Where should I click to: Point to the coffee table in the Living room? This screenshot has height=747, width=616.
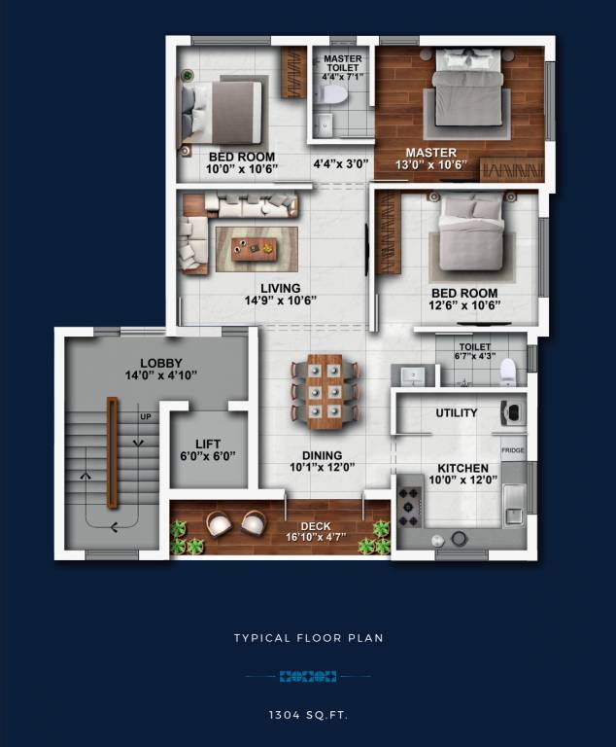click(254, 250)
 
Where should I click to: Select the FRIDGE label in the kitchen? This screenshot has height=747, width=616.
click(513, 451)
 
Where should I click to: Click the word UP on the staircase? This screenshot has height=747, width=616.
click(147, 416)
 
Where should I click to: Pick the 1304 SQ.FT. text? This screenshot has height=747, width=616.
click(308, 715)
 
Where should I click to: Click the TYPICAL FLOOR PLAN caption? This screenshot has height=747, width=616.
click(308, 638)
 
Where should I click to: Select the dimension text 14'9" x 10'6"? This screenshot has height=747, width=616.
click(279, 301)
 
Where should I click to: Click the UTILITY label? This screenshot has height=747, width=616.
click(456, 413)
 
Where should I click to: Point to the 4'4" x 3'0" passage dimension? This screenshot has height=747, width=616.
click(340, 164)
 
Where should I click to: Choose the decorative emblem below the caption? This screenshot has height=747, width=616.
click(308, 676)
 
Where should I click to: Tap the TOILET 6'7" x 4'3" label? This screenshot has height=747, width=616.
click(475, 351)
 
